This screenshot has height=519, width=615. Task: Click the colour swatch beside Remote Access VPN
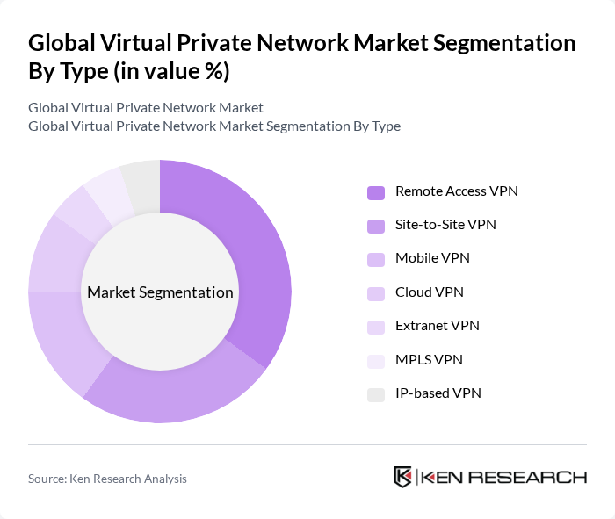tap(377, 192)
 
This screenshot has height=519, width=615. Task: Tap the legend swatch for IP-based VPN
tap(377, 394)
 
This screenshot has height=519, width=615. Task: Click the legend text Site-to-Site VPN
tap(445, 225)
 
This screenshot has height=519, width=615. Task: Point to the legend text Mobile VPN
tap(432, 258)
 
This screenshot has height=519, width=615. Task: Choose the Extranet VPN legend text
tap(437, 326)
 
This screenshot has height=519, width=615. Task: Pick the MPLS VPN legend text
tap(429, 359)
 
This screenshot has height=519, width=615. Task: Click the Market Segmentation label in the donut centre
tap(160, 292)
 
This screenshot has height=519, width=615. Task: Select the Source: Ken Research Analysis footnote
tap(107, 479)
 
